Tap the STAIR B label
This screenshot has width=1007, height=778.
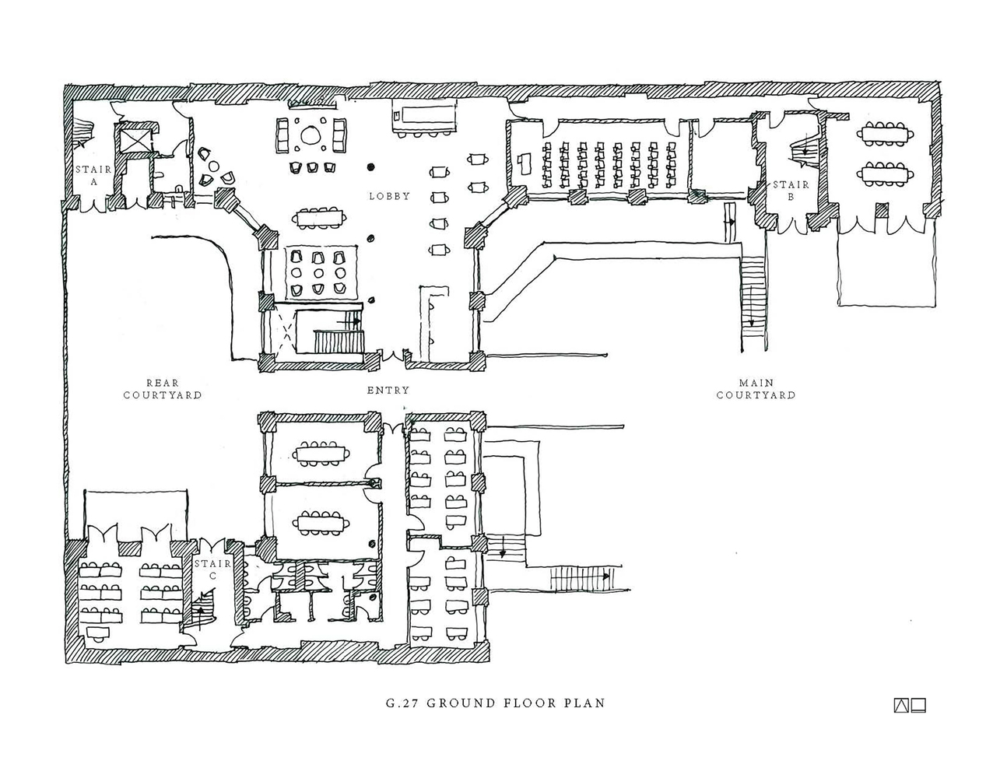point(791,191)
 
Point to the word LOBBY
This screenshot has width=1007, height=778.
point(389,196)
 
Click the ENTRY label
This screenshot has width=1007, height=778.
point(388,390)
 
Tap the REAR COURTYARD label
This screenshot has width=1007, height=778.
point(163,388)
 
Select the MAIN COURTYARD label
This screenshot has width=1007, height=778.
point(756,388)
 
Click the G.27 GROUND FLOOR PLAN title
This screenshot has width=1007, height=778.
point(495,703)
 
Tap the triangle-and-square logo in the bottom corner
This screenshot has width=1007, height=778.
point(910,706)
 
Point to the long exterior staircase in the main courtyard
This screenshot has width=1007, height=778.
point(753,296)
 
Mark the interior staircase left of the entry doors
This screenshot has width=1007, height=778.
point(338,341)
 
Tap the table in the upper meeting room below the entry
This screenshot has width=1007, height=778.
point(321,452)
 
